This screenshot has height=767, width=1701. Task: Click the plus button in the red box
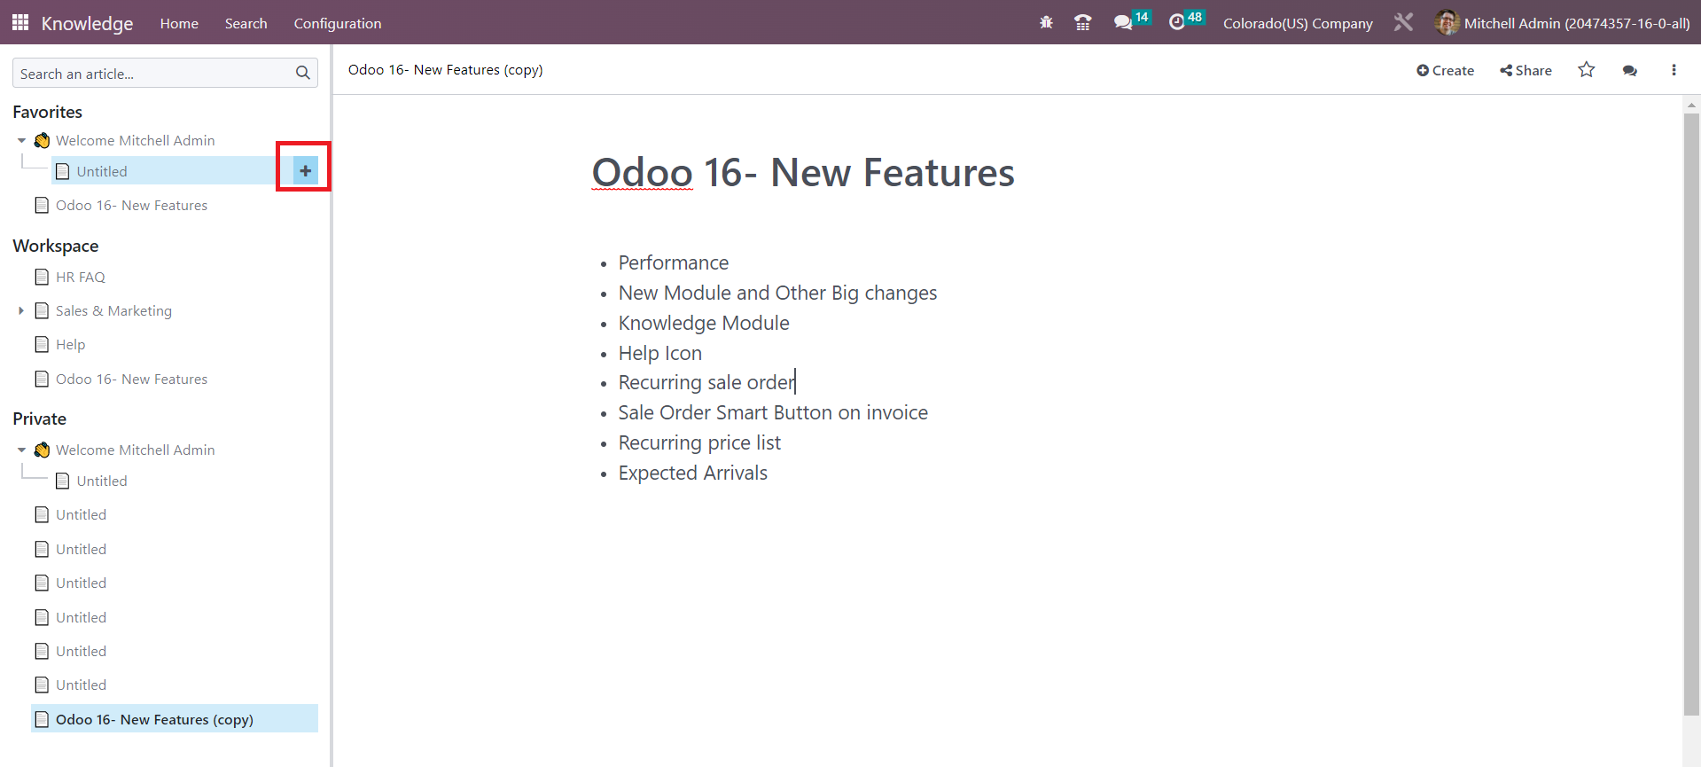point(305,170)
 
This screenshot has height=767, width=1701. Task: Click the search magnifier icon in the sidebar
point(302,73)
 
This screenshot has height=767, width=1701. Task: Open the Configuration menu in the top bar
point(338,23)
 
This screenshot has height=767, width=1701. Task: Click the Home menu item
point(179,23)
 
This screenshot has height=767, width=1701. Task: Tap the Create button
point(1445,70)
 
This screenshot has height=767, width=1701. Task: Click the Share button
point(1525,70)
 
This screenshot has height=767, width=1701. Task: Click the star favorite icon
point(1587,69)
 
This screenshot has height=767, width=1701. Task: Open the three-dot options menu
point(1674,70)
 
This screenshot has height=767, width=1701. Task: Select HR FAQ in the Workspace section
point(81,277)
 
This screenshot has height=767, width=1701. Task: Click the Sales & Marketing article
point(113,310)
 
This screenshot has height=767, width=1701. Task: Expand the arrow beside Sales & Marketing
point(21,310)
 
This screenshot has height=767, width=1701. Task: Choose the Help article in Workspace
point(71,344)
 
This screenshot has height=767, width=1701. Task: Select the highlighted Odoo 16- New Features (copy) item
point(154,719)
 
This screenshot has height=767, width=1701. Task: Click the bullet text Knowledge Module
point(704,323)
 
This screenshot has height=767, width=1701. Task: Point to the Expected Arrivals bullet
point(693,473)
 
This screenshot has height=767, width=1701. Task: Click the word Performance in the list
point(674,262)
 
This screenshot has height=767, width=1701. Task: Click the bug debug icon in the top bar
point(1046,22)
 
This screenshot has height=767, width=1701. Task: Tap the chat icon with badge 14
point(1123,22)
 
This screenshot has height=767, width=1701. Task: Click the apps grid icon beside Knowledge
point(20,22)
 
